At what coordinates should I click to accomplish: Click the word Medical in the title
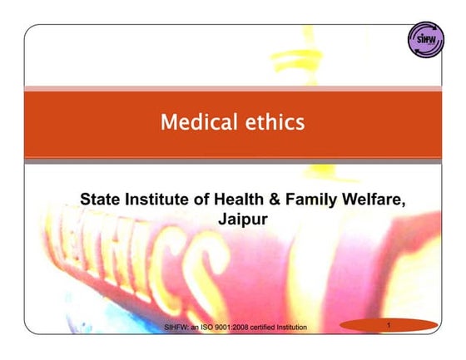click(199, 121)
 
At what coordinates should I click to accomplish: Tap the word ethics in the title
click(275, 121)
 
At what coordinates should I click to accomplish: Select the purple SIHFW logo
click(426, 40)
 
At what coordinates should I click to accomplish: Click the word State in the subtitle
click(100, 199)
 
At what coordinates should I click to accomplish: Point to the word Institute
click(156, 199)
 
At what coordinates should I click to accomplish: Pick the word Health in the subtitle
click(239, 199)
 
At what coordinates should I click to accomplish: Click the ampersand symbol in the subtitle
click(275, 199)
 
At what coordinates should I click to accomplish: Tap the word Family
click(311, 200)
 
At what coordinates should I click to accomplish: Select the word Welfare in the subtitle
click(374, 200)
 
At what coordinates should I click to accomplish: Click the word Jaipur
click(243, 220)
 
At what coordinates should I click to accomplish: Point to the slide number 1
click(389, 325)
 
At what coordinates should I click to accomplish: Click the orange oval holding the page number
click(389, 325)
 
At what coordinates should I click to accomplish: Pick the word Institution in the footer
click(292, 328)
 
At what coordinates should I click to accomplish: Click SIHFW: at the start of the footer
click(176, 328)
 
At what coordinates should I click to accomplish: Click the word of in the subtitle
click(201, 199)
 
